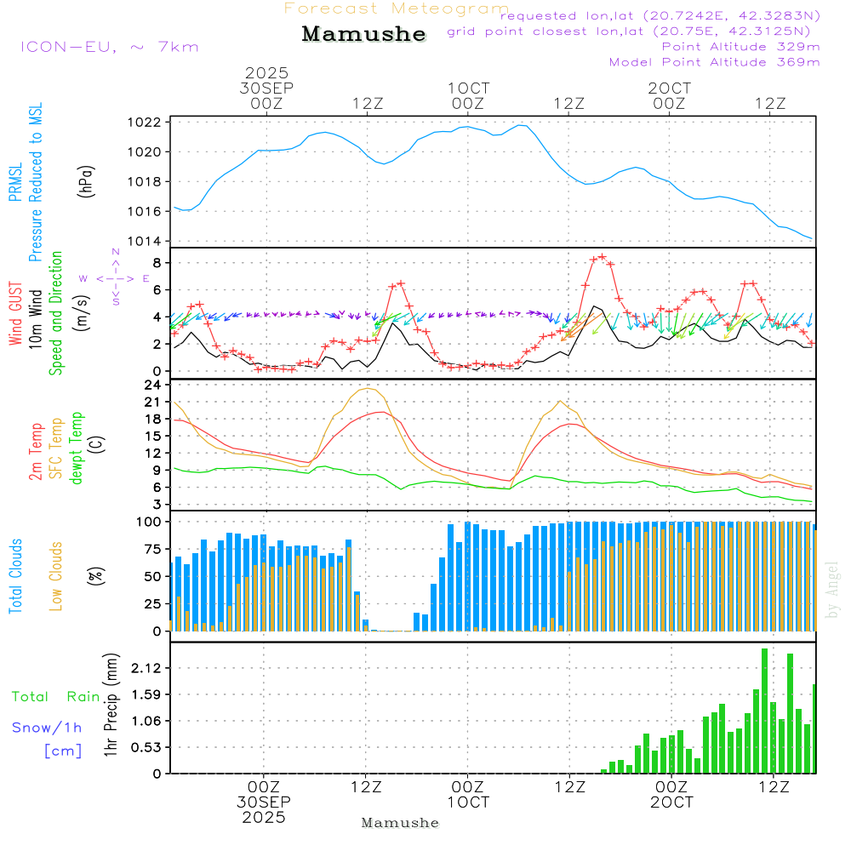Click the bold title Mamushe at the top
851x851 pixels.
(363, 34)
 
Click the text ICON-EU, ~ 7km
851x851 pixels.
(110, 47)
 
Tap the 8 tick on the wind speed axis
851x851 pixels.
(156, 262)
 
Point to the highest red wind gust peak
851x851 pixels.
(602, 256)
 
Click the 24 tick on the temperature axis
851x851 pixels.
(153, 385)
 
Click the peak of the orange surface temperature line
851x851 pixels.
(368, 389)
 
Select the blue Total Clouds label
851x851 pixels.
(15, 576)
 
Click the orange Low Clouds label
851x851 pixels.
(56, 576)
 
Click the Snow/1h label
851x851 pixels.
(47, 728)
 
